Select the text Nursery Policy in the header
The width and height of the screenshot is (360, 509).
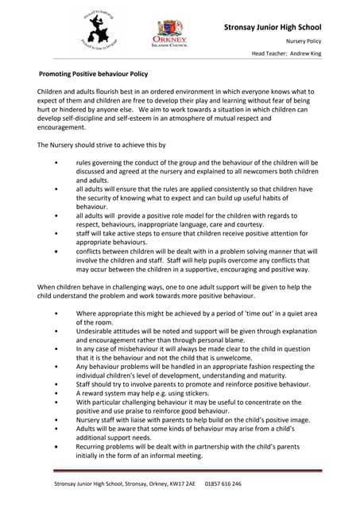point(304,41)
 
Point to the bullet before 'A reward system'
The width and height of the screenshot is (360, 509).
point(55,393)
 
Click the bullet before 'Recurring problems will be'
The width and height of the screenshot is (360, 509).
point(55,447)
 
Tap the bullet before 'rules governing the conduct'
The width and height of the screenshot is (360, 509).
point(55,162)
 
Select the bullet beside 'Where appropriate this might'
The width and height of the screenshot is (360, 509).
point(55,313)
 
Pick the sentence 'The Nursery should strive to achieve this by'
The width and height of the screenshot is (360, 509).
point(103,145)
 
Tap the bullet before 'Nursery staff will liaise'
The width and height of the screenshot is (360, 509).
point(55,420)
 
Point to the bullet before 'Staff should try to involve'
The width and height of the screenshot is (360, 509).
point(55,384)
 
